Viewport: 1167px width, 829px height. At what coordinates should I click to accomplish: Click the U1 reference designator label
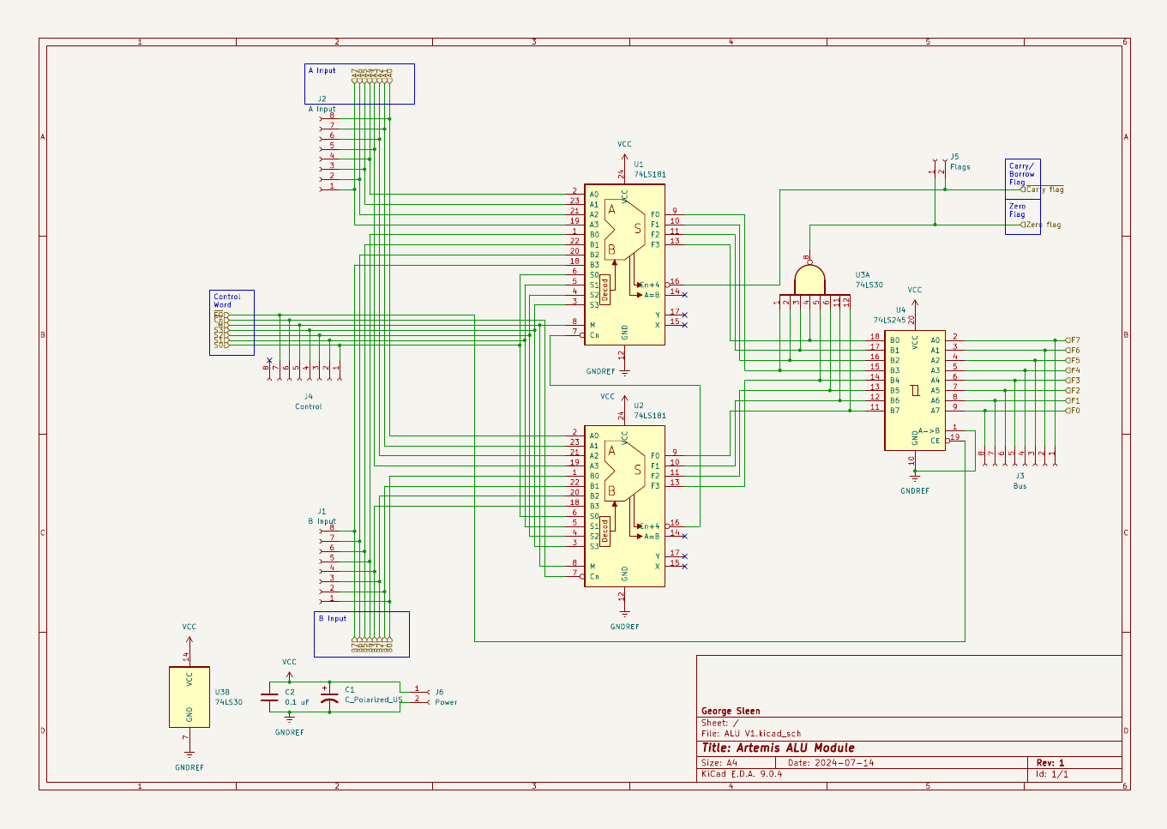click(x=639, y=165)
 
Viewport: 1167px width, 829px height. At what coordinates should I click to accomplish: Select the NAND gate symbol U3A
click(x=809, y=280)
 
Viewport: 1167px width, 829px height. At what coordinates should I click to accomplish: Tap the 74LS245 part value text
click(x=889, y=320)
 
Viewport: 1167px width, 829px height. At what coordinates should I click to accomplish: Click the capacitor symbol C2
click(x=269, y=697)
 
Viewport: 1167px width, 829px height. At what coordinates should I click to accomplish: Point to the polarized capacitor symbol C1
click(x=328, y=697)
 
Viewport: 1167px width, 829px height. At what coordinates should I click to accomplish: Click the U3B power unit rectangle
click(x=189, y=697)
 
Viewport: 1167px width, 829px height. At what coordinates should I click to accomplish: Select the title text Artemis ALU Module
click(x=778, y=748)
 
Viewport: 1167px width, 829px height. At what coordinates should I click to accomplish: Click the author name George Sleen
click(x=731, y=711)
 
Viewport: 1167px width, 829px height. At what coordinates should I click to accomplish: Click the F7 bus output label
click(x=1074, y=340)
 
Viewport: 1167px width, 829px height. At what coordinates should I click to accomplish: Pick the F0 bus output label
click(x=1074, y=411)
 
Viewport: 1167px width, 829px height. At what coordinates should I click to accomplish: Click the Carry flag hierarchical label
click(x=1044, y=189)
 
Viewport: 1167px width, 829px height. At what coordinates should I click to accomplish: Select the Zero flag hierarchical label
click(x=1042, y=225)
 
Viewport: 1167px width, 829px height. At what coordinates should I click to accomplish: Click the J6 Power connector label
click(x=445, y=697)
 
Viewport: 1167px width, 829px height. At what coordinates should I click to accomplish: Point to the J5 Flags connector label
click(x=959, y=162)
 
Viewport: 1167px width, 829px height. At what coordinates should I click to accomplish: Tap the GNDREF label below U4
click(x=915, y=491)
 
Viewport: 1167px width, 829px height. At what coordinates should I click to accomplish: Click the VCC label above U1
click(x=624, y=144)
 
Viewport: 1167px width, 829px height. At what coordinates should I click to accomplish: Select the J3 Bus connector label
click(x=1020, y=481)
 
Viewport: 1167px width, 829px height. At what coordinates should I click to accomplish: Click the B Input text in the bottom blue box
click(x=333, y=618)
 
